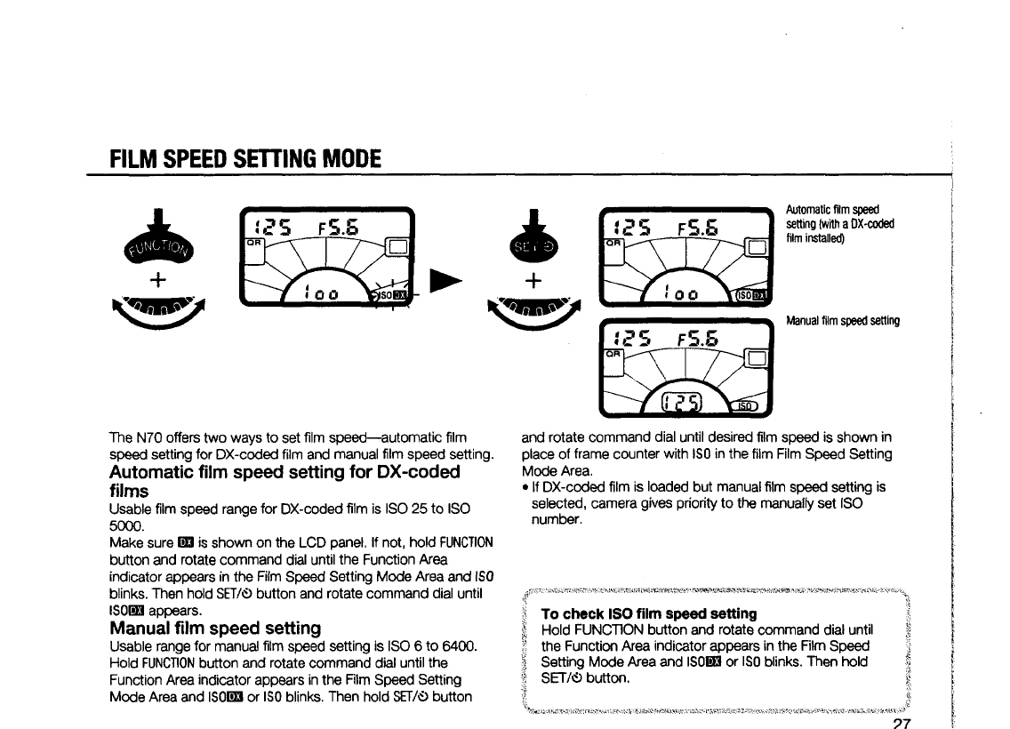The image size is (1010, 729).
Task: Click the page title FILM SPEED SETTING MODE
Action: click(245, 159)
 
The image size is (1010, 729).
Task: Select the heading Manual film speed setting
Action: click(214, 629)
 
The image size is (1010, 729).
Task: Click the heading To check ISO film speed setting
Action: click(649, 613)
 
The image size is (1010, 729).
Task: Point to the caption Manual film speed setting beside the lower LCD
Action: click(843, 321)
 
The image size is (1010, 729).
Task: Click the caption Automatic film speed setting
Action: click(839, 223)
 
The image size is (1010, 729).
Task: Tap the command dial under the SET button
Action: click(532, 311)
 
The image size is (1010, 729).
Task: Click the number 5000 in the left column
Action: click(123, 525)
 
